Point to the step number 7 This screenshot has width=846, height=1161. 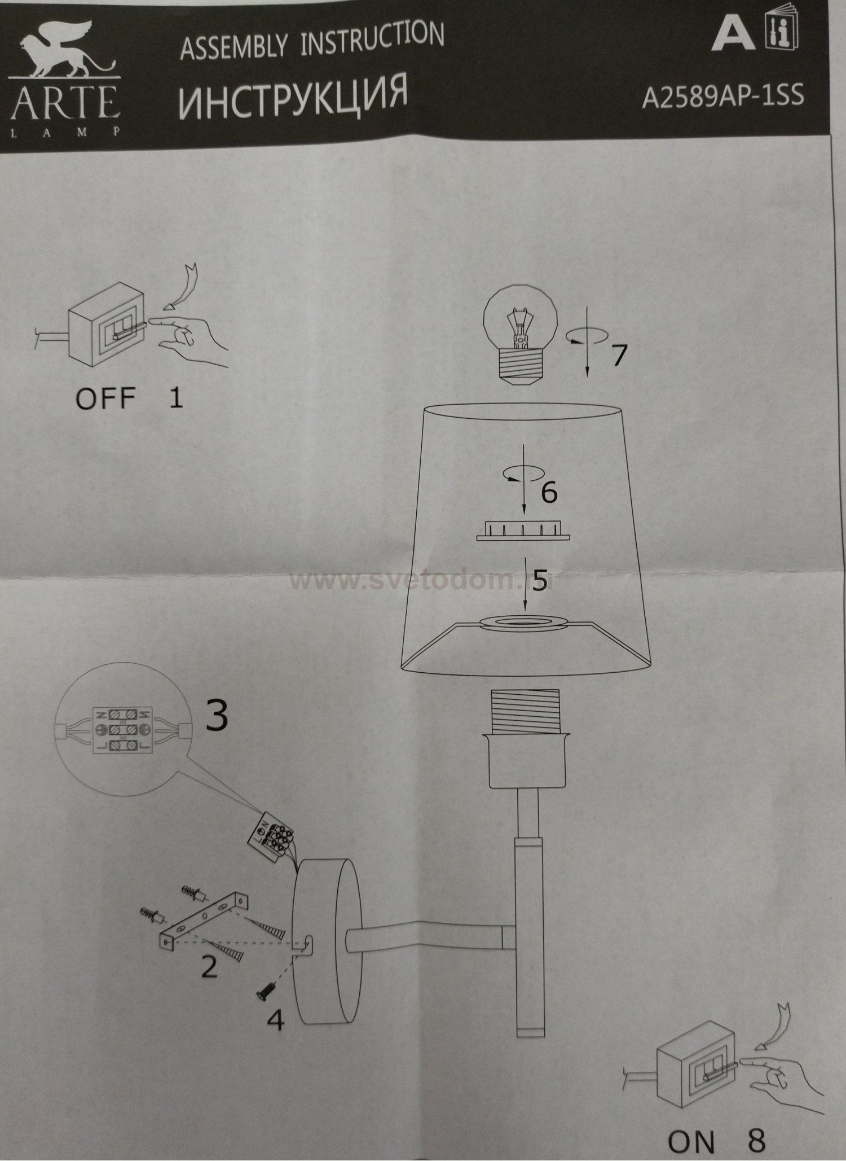click(x=619, y=354)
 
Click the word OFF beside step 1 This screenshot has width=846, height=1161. click(x=105, y=398)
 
